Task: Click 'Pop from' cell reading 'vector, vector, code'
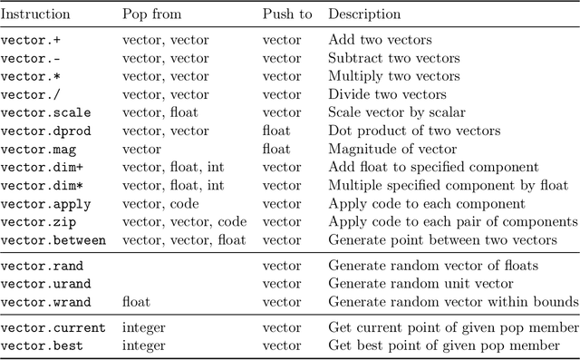[184, 222]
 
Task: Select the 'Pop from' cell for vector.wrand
[136, 301]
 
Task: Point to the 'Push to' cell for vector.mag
[275, 150]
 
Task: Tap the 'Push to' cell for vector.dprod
[275, 131]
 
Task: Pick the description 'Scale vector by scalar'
[397, 113]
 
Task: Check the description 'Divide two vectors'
[387, 95]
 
